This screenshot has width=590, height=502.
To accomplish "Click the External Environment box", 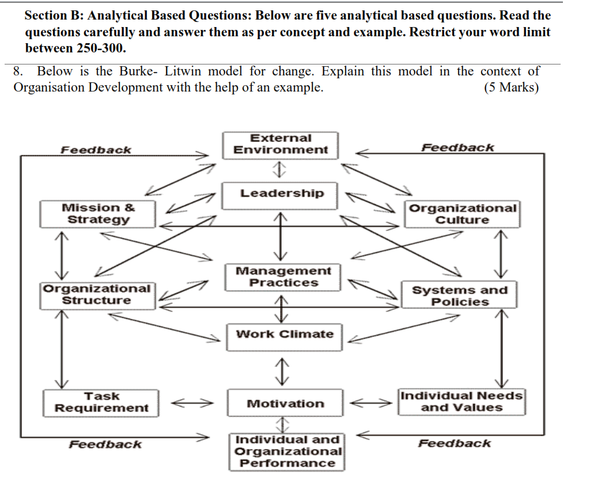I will [x=281, y=144].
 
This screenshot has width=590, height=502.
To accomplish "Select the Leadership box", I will [x=282, y=193].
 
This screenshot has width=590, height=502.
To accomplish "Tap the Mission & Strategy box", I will [x=98, y=214].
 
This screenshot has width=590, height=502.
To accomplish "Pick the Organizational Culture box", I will [x=462, y=214].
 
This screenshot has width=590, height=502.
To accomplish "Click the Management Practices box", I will [x=283, y=277].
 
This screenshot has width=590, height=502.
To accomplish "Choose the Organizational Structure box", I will [x=97, y=294].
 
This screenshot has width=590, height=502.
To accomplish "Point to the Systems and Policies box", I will [x=460, y=296].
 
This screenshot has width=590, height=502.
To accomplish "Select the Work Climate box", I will [x=285, y=334].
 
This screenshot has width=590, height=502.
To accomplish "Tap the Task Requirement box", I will [x=101, y=402].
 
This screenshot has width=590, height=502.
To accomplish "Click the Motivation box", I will [x=285, y=404].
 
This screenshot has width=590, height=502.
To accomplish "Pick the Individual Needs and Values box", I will [x=462, y=402].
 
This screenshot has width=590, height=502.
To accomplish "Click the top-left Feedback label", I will [x=96, y=150].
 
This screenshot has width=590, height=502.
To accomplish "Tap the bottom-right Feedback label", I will [x=455, y=443].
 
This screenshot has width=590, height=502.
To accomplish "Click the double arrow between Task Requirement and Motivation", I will [x=193, y=403].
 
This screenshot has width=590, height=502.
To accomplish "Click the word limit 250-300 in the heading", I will [x=101, y=48].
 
